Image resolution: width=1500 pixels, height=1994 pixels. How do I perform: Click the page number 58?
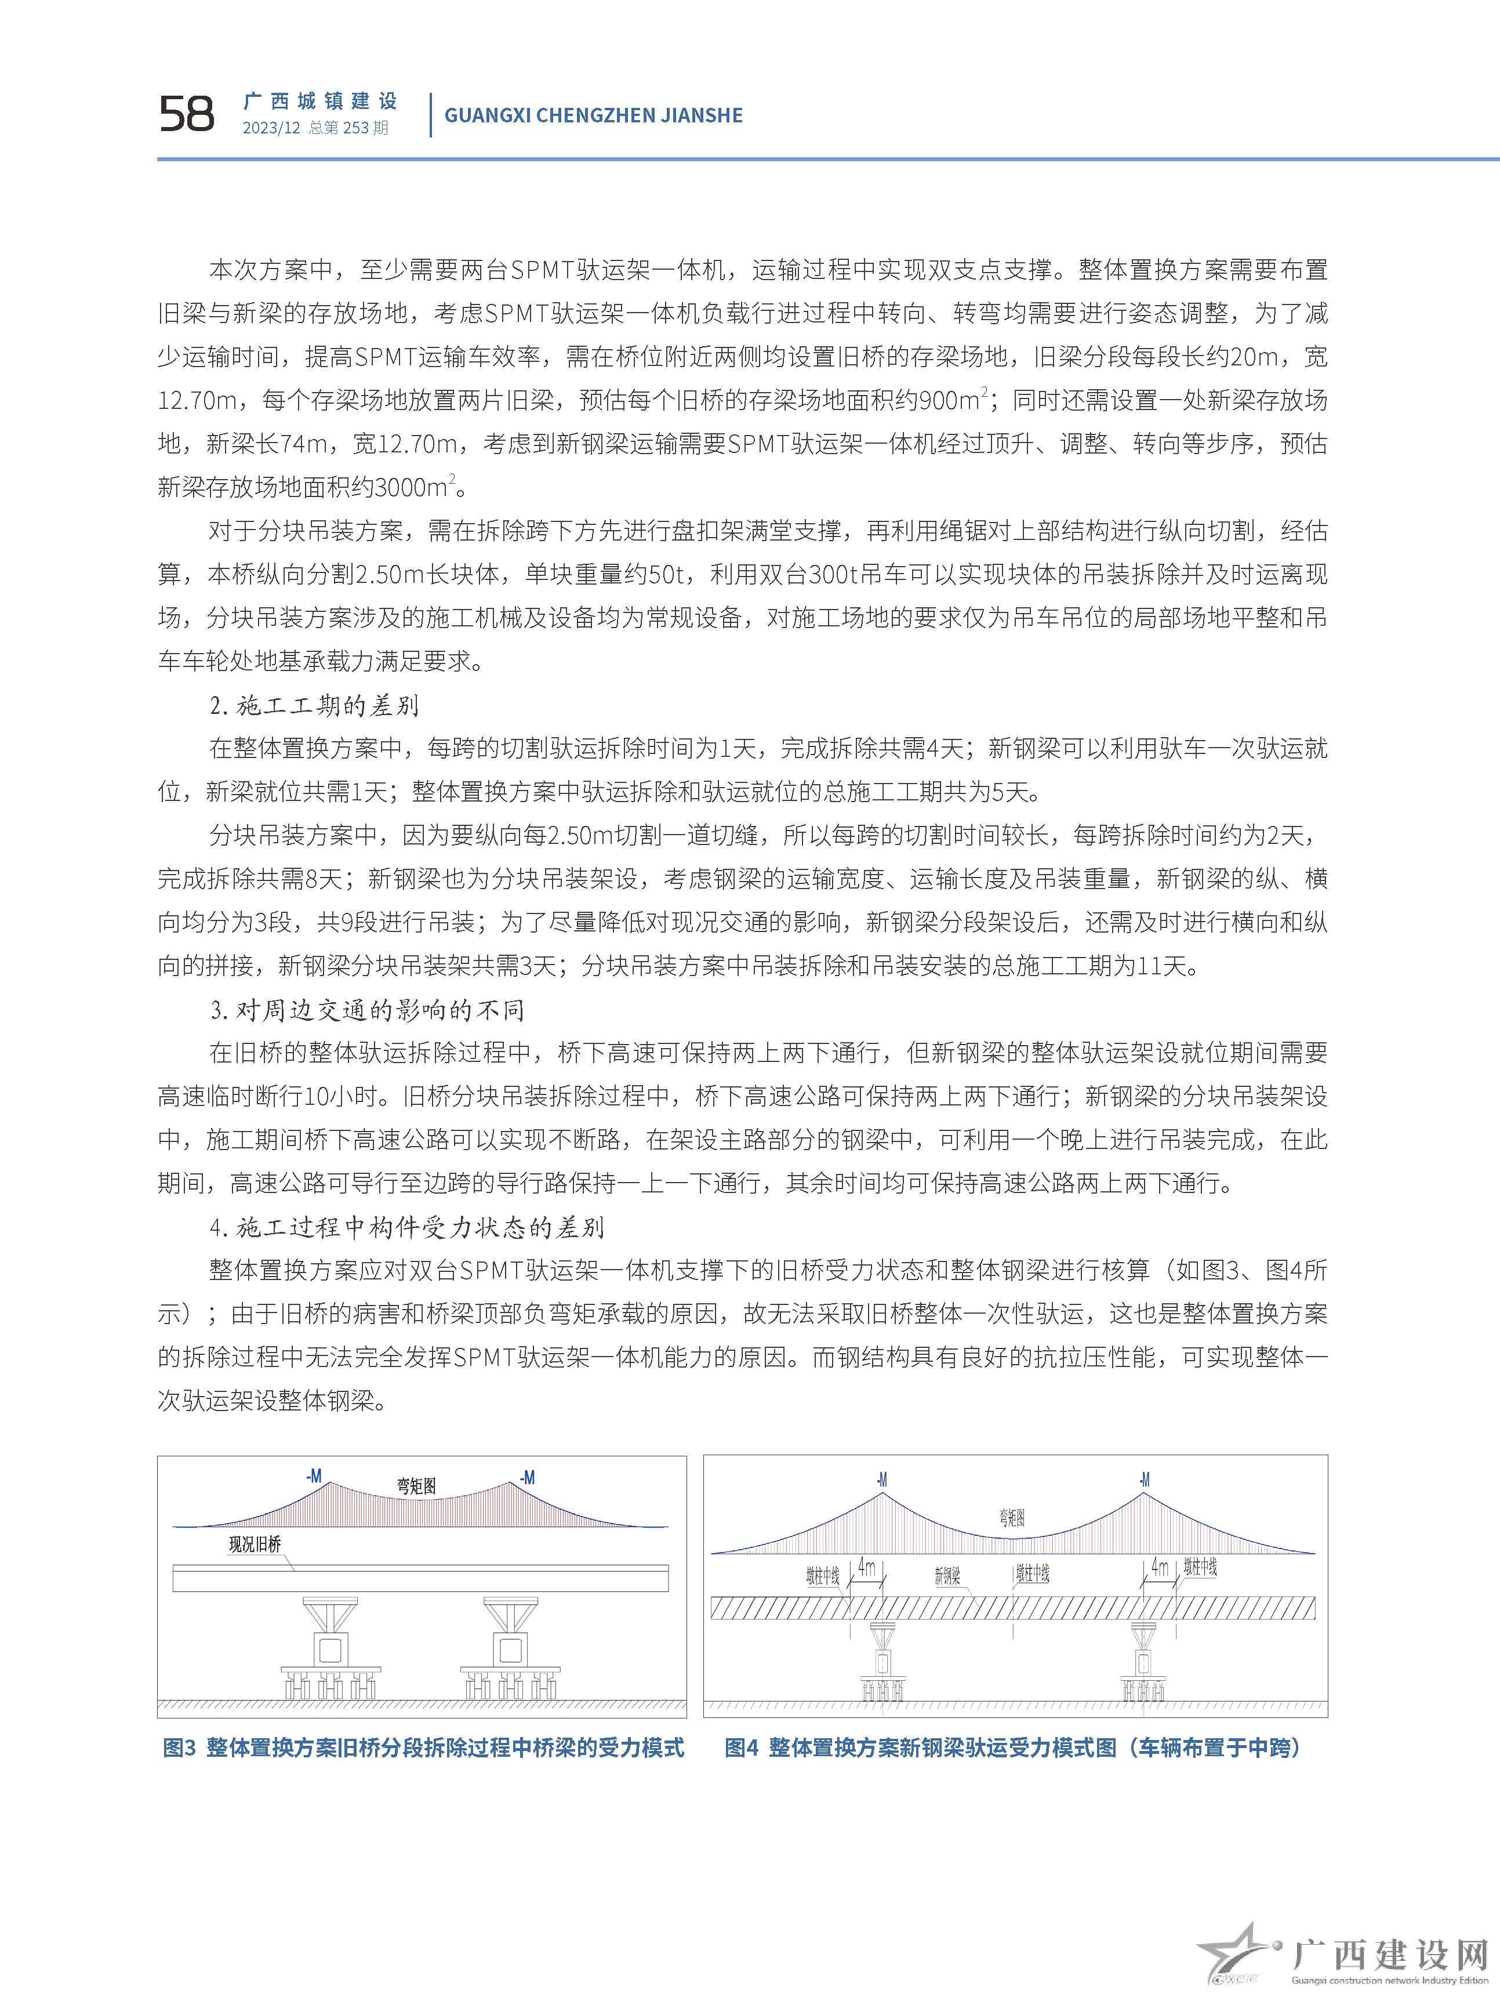pyautogui.click(x=187, y=114)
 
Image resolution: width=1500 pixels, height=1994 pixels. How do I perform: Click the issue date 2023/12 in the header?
pyautogui.click(x=270, y=128)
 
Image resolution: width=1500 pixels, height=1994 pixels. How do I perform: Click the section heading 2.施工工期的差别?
pyautogui.click(x=314, y=705)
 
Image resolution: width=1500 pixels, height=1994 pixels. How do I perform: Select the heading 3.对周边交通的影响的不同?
pyautogui.click(x=367, y=1010)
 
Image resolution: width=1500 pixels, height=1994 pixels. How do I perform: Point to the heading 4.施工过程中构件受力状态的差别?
pyautogui.click(x=406, y=1227)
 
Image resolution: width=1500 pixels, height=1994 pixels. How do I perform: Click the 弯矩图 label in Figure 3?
pyautogui.click(x=416, y=1485)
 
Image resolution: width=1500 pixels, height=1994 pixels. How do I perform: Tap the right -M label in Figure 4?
pyautogui.click(x=1144, y=1480)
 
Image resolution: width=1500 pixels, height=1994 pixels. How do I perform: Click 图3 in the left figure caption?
pyautogui.click(x=179, y=1772)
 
